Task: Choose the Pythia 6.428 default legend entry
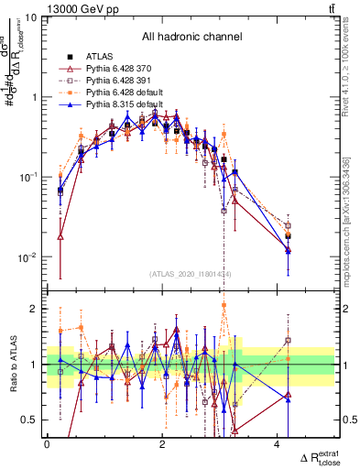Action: (125, 93)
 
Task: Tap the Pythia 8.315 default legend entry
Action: (125, 105)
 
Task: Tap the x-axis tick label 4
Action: (278, 444)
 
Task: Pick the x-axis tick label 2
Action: (162, 444)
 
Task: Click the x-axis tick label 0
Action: (47, 444)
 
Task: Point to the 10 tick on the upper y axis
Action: (31, 17)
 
